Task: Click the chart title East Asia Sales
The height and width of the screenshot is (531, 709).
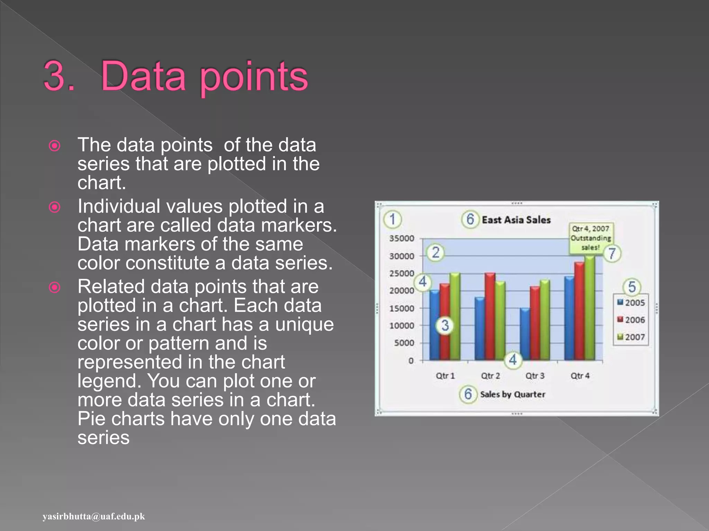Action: pos(516,220)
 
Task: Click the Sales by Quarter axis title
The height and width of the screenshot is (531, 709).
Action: pos(512,394)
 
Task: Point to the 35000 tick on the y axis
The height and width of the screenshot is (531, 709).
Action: pos(402,239)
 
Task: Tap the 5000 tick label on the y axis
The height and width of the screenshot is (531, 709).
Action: pos(404,343)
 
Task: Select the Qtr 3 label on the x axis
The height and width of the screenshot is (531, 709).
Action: pos(535,376)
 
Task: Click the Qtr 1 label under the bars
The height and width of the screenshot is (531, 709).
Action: pos(445,376)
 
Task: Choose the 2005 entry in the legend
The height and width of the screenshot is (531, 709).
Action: pos(631,303)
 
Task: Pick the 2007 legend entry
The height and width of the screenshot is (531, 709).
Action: pos(631,337)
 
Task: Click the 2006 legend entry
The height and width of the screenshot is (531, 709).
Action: pos(631,320)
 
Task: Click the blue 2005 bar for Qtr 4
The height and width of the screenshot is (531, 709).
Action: pos(569,318)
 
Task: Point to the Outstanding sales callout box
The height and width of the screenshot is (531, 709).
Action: pos(591,238)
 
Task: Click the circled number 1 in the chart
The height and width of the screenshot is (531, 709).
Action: pos(392,219)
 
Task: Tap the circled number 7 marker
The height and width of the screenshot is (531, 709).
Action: pos(612,253)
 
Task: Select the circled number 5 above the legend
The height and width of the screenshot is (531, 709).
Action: pos(632,287)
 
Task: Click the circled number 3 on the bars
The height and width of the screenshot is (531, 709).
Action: pos(445,325)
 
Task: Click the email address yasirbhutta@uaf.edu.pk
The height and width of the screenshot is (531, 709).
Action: pos(94,516)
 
